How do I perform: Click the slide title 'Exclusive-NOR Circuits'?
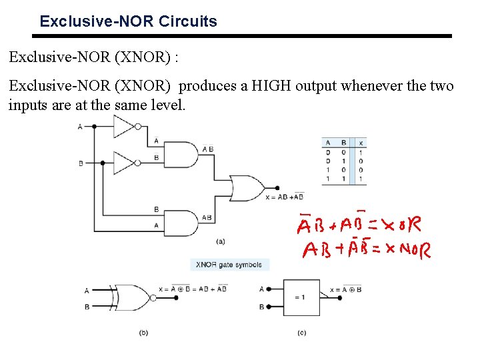coord(128,21)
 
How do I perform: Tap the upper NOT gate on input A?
coord(125,126)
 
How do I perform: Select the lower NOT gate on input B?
coord(125,163)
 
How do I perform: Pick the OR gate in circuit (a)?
coord(247,189)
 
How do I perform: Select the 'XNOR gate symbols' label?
coord(229,265)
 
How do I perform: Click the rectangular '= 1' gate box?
coord(301,297)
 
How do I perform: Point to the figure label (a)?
coord(221,241)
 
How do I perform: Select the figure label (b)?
coord(144,332)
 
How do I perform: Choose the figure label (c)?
coord(302,332)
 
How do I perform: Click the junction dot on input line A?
coord(94,126)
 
